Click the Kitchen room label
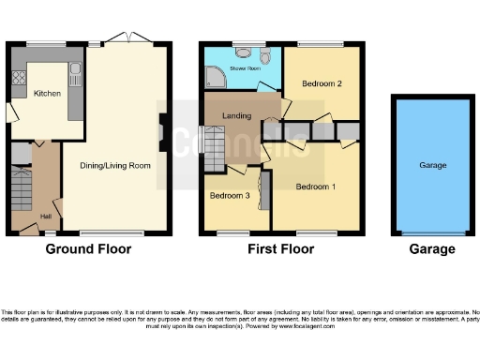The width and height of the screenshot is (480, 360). (47, 94)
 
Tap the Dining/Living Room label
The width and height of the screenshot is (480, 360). (120, 166)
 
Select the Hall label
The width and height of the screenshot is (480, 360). (45, 217)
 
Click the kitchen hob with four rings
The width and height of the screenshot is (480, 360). (17, 80)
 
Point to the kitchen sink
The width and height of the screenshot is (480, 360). (75, 68)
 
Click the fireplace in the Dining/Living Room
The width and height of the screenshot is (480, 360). (164, 133)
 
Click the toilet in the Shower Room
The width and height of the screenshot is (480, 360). (267, 59)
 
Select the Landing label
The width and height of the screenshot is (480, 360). (234, 115)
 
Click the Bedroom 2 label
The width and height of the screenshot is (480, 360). (321, 83)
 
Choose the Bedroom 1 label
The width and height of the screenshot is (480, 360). (315, 187)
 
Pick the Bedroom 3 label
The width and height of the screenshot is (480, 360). (229, 196)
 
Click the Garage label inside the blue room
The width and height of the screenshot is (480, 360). (433, 166)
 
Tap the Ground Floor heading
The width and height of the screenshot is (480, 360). (89, 249)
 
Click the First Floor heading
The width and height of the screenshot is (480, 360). (279, 249)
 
